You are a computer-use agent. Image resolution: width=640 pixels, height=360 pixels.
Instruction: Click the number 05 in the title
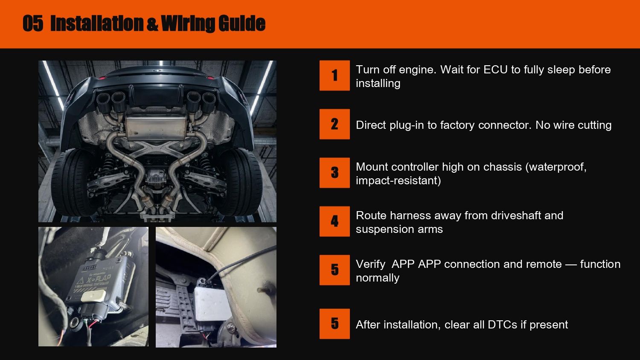33,23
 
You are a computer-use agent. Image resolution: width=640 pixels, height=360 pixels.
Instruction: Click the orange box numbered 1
335,75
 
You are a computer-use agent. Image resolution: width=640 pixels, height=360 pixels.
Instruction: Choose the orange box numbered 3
335,173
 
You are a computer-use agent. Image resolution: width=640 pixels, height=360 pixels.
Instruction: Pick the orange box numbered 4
335,221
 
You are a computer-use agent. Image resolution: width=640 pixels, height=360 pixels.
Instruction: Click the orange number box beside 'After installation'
335,324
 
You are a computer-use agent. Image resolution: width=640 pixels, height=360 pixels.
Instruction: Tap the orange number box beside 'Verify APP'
335,270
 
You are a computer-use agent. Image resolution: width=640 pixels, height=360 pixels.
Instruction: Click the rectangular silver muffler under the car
156,128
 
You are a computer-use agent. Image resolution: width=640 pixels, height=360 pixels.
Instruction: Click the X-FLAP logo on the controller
99,279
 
